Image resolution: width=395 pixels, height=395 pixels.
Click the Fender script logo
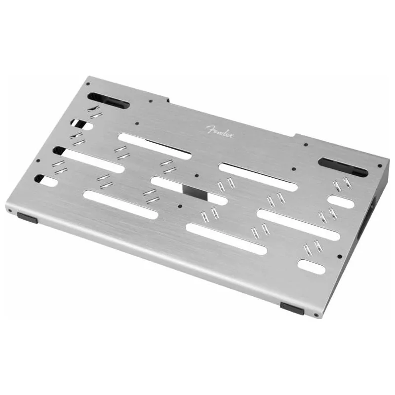[x=220, y=132]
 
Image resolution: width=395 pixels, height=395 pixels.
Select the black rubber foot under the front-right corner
[x=292, y=309]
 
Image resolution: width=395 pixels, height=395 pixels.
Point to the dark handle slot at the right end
[x=343, y=167]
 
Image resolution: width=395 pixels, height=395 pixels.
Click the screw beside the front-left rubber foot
[x=10, y=211]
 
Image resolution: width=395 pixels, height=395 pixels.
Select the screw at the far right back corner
[x=379, y=166]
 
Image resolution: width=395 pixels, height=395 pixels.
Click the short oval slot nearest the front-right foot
[x=311, y=267]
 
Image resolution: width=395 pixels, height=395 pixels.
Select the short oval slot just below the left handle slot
[x=81, y=124]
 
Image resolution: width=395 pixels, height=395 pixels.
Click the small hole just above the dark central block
[x=197, y=175]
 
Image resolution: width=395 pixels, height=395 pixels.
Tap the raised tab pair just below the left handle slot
[x=94, y=112]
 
